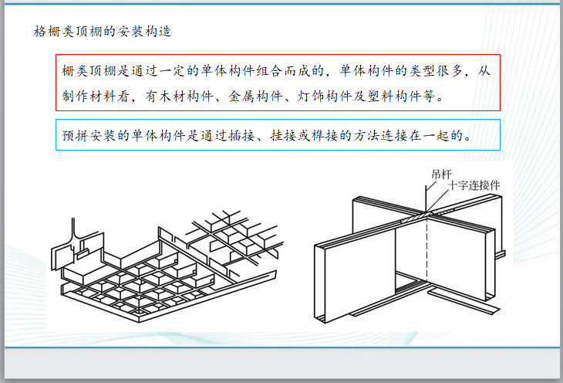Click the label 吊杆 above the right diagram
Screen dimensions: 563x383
coord(443,174)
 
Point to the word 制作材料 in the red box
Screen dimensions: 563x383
coord(93,97)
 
